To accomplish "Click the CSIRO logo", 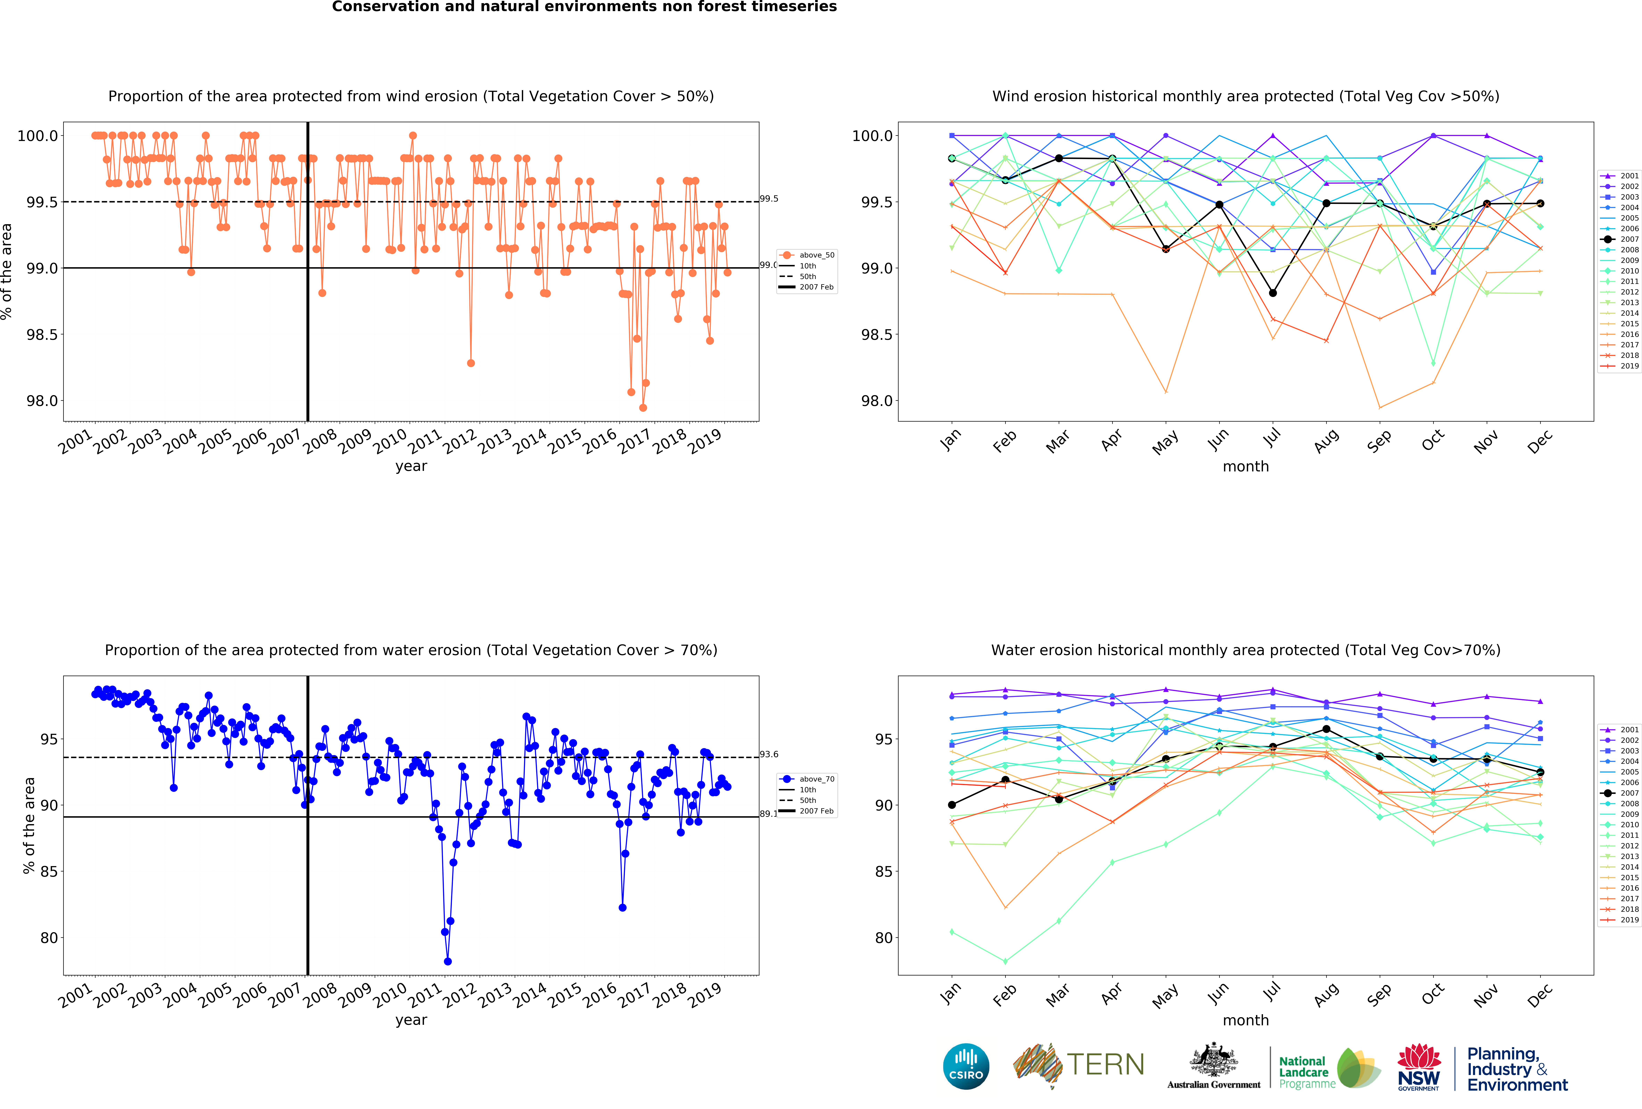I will click(966, 1066).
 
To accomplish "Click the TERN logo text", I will click(1106, 1065).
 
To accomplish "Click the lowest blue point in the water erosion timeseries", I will click(447, 961).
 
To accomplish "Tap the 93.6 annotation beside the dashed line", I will click(769, 754).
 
